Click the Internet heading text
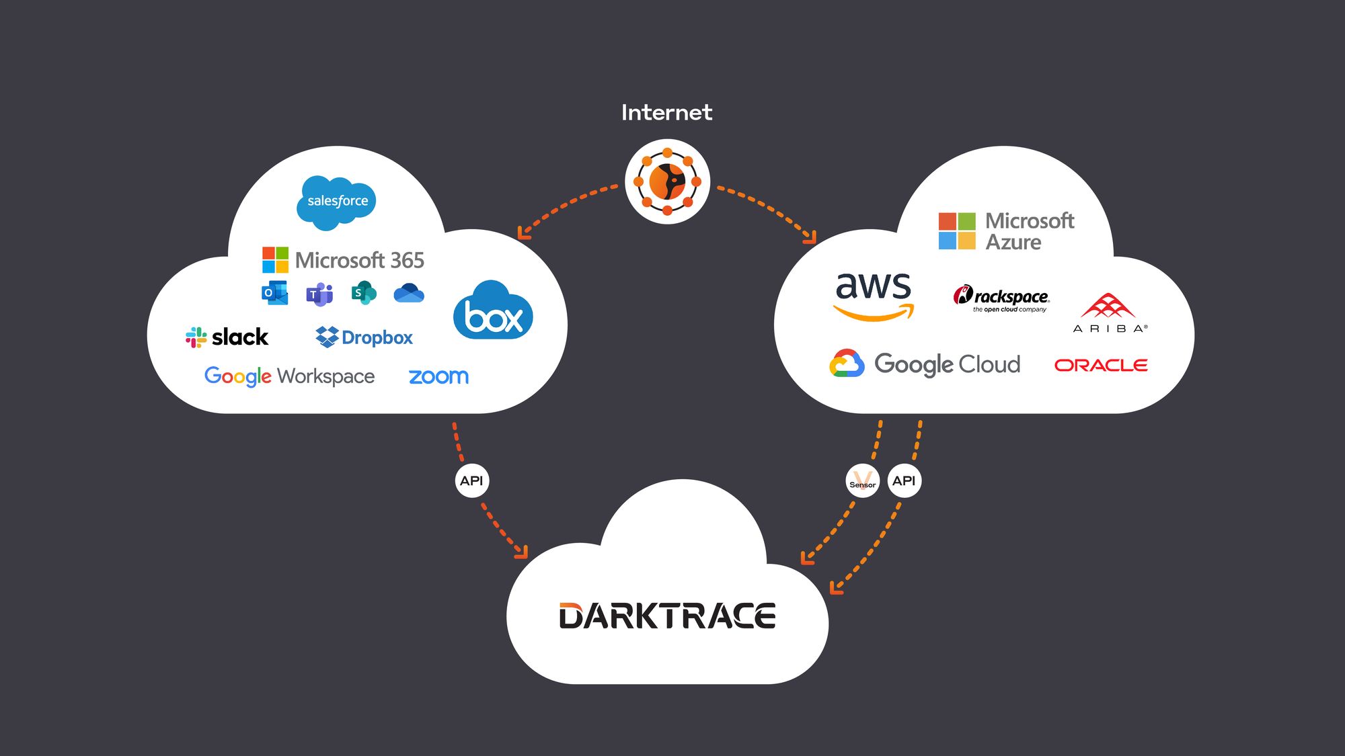coord(666,112)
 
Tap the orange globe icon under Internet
coord(667,181)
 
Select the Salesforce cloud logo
coord(336,201)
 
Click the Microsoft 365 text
coord(359,260)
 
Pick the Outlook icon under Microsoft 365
coord(274,293)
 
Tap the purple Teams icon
coord(319,294)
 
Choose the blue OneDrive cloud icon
coord(409,293)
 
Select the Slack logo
coord(227,337)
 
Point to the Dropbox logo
coord(364,337)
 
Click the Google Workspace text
coord(289,376)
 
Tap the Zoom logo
coord(438,376)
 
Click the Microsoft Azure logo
coord(1006,231)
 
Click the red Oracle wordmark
coord(1101,365)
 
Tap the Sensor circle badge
coord(862,481)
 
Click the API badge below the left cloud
coord(471,481)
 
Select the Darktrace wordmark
coord(667,616)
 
